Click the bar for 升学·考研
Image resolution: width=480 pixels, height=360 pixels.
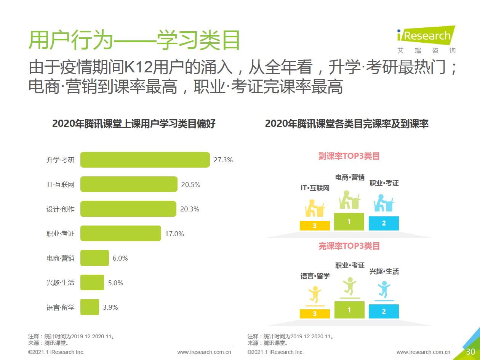[x=145, y=160]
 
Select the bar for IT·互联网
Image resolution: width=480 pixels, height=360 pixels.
[x=129, y=184]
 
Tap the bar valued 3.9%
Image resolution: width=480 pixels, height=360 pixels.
[x=90, y=307]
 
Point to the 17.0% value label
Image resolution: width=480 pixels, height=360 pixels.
[x=174, y=234]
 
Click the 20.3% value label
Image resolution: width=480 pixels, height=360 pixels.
[x=190, y=209]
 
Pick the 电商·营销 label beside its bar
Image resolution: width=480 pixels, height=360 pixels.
[x=60, y=258]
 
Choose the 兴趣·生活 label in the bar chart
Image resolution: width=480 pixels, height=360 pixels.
[x=60, y=283]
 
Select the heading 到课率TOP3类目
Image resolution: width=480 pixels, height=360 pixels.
[x=349, y=156]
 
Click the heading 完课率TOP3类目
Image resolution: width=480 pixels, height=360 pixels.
[x=349, y=246]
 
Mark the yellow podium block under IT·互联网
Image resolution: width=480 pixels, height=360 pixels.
[x=315, y=226]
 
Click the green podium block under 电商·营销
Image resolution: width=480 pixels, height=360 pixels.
[x=349, y=222]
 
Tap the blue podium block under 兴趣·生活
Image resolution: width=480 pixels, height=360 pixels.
[x=384, y=311]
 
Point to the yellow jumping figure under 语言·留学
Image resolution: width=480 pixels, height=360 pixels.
[x=315, y=294]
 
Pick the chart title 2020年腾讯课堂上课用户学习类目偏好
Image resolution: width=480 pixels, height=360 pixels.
[x=134, y=124]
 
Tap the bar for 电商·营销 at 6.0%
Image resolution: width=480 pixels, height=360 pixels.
[x=94, y=258]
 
